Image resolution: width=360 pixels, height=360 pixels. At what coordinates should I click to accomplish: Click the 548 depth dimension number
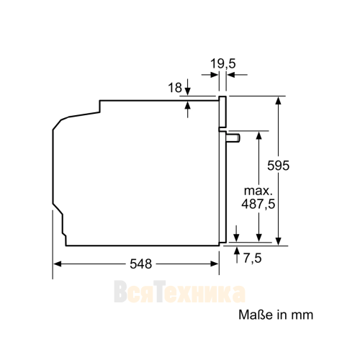tap(141, 264)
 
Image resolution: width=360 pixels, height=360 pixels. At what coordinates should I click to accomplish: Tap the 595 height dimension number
tap(279, 166)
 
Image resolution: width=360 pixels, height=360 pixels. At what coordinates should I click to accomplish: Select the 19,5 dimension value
tap(223, 64)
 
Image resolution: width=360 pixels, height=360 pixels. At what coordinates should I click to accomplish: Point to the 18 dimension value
tap(175, 88)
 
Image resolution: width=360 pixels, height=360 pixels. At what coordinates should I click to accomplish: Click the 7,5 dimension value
tap(253, 258)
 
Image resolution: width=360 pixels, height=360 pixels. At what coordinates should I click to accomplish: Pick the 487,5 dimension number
tap(258, 204)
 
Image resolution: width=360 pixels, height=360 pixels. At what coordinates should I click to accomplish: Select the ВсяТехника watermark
tap(179, 292)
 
